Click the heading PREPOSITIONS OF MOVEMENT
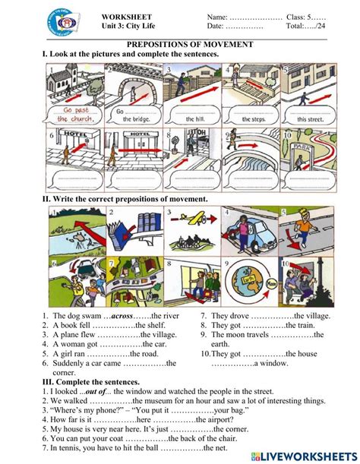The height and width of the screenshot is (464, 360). click(x=180, y=45)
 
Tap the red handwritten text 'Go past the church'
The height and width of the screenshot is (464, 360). click(x=74, y=113)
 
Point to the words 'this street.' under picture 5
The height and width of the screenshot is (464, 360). click(x=311, y=119)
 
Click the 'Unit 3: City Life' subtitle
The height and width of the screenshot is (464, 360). click(x=126, y=26)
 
